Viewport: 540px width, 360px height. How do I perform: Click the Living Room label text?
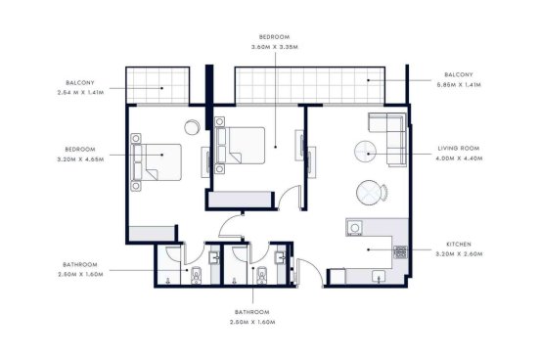(459, 149)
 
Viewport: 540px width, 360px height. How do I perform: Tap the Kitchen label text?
(459, 245)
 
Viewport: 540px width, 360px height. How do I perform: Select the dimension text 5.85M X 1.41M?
(459, 85)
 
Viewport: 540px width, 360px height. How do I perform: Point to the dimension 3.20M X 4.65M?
(80, 159)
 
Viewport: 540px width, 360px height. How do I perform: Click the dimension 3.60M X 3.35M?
(275, 47)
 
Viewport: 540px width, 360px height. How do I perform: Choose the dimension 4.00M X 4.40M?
(459, 158)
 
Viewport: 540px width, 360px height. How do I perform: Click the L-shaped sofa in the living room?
(387, 139)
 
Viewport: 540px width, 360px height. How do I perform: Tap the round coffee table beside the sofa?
(365, 152)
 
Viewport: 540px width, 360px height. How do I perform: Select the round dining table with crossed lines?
(368, 193)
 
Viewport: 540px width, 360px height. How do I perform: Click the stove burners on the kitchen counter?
(400, 252)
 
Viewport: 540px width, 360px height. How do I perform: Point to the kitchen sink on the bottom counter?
(379, 277)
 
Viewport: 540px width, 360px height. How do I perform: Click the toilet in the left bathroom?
(196, 275)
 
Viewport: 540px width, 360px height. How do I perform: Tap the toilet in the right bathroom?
(262, 275)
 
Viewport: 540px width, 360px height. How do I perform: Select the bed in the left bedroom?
(157, 162)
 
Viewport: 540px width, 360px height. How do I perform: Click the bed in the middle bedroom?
(241, 146)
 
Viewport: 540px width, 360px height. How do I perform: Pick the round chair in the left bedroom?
(192, 127)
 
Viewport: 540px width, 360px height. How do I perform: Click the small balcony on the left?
(157, 85)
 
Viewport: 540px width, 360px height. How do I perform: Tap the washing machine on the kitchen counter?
(354, 228)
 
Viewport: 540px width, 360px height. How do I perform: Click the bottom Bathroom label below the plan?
(252, 312)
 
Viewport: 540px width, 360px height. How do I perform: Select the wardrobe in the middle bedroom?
(240, 201)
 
